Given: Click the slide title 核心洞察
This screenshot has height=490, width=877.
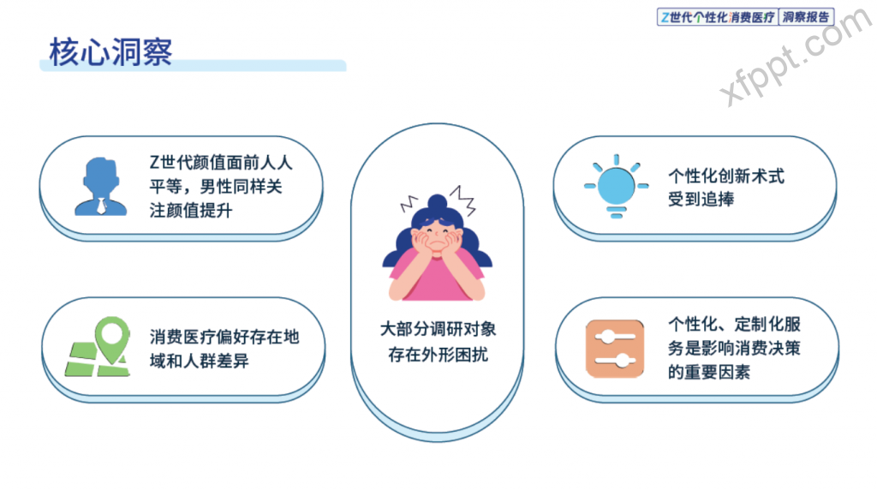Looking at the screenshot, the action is point(110,52).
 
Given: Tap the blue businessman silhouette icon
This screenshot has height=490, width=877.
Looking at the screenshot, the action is point(101,186).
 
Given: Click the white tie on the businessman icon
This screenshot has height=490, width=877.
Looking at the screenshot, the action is point(101,206).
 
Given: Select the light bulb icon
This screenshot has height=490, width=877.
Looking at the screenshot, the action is point(617,186).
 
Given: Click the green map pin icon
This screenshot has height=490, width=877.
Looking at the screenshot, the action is point(112,339).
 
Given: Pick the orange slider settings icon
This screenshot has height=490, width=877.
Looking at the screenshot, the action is point(615,349).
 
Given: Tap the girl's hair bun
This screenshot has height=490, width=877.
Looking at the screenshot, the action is point(437,202).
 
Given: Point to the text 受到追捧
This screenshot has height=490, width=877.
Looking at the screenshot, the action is point(701,199).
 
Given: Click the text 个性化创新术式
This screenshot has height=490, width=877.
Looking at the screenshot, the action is point(726,176).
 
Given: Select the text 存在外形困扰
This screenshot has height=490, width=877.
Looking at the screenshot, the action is point(438,354).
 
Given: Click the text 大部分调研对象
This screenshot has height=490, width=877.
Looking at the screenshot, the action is point(438,329).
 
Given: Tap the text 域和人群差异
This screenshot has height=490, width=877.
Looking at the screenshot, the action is point(199,361).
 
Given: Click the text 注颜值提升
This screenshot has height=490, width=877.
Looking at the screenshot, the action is point(191,211).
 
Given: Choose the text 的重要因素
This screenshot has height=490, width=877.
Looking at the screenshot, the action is point(708,372).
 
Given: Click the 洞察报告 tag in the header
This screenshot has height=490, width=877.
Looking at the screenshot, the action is point(805,17).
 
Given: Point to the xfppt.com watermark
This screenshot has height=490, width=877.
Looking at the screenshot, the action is point(795,57).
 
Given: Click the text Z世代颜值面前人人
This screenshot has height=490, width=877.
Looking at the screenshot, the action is point(221,162).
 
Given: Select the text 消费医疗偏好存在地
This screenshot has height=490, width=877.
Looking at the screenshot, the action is point(224,337).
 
